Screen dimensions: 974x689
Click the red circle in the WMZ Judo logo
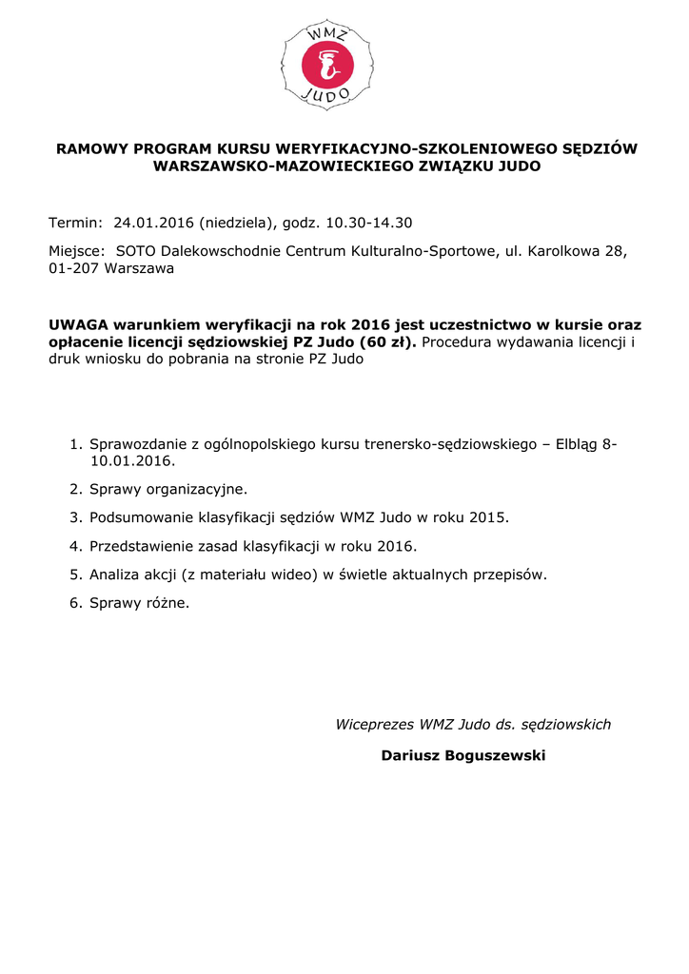(328, 65)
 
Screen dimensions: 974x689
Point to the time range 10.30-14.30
(369, 224)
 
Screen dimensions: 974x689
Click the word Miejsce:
(77, 251)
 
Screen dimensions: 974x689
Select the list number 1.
(76, 444)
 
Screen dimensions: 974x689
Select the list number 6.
(76, 603)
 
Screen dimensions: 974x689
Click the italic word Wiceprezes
(375, 725)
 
